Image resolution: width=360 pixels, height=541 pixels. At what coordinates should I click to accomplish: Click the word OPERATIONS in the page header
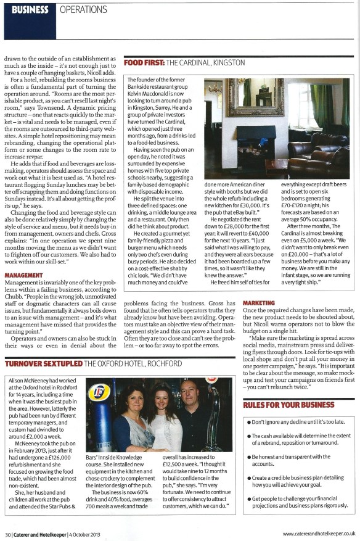coord(84,9)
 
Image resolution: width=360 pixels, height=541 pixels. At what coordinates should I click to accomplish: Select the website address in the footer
coord(319,534)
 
